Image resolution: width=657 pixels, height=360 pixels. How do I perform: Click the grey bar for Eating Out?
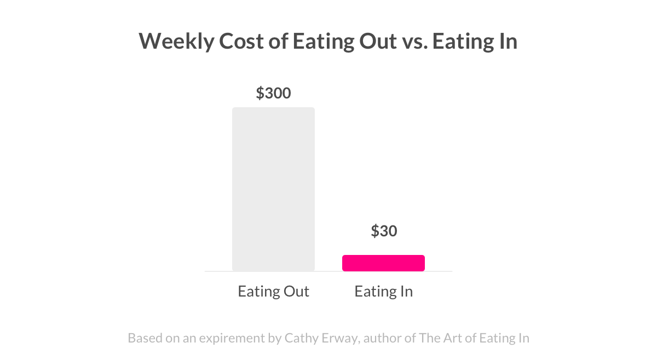273,189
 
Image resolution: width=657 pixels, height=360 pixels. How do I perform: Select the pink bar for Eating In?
383,263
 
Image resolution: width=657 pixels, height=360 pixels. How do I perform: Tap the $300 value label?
273,94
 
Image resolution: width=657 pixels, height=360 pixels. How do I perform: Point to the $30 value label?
384,231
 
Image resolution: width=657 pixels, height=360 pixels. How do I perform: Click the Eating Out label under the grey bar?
273,291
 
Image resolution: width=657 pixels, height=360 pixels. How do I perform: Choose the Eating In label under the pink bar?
383,291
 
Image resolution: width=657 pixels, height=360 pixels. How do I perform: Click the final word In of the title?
507,42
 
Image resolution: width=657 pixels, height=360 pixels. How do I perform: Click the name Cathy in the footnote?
301,338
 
